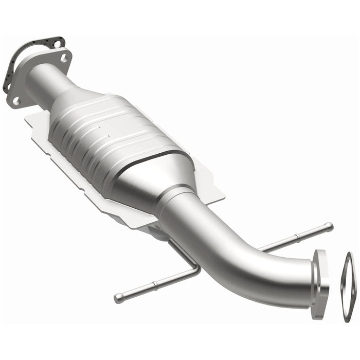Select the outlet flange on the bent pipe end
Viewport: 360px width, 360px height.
(x=320, y=280)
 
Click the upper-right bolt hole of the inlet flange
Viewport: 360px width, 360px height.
(x=64, y=58)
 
